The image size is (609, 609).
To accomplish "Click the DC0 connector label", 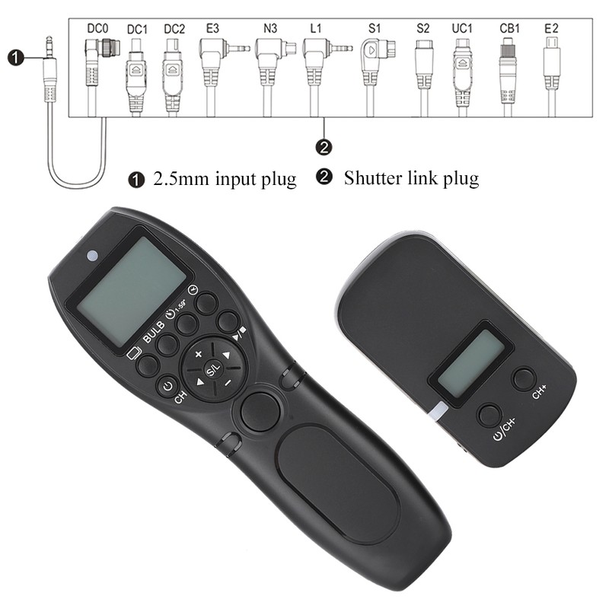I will [97, 29].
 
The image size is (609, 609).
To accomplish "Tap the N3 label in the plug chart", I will [269, 29].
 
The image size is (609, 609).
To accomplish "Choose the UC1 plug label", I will [462, 29].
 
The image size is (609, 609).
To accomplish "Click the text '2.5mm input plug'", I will [225, 180].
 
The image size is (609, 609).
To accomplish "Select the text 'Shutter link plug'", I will [411, 179].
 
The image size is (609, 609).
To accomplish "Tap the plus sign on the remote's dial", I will [199, 355].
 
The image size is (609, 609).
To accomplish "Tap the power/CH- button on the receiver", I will [489, 416].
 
